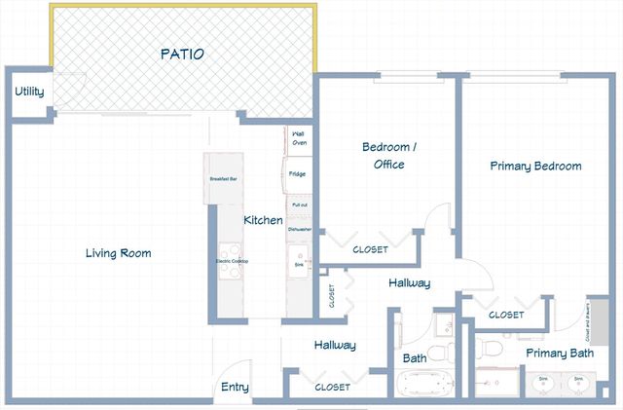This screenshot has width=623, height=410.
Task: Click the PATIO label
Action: point(182,55)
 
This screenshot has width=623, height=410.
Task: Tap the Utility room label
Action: point(28,92)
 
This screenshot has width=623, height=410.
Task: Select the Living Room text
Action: point(118,253)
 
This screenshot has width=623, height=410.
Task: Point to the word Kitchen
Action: point(263,220)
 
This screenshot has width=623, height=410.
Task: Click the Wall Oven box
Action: point(299,138)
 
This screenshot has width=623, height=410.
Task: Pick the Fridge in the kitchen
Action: point(298,174)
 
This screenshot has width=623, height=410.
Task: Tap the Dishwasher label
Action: point(299,229)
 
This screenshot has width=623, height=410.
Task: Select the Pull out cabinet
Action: point(299,205)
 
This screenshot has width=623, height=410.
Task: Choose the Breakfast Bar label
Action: point(223,179)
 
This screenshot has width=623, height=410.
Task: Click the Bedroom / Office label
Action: point(389,156)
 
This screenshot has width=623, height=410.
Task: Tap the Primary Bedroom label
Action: point(535,167)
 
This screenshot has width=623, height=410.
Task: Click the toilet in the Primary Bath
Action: point(491,346)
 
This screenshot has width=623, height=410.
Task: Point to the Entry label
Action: point(235,387)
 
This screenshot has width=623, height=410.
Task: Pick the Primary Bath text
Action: point(560,353)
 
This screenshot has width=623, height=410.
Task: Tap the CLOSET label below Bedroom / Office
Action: point(370,249)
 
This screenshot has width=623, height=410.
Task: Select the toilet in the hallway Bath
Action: point(439,350)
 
